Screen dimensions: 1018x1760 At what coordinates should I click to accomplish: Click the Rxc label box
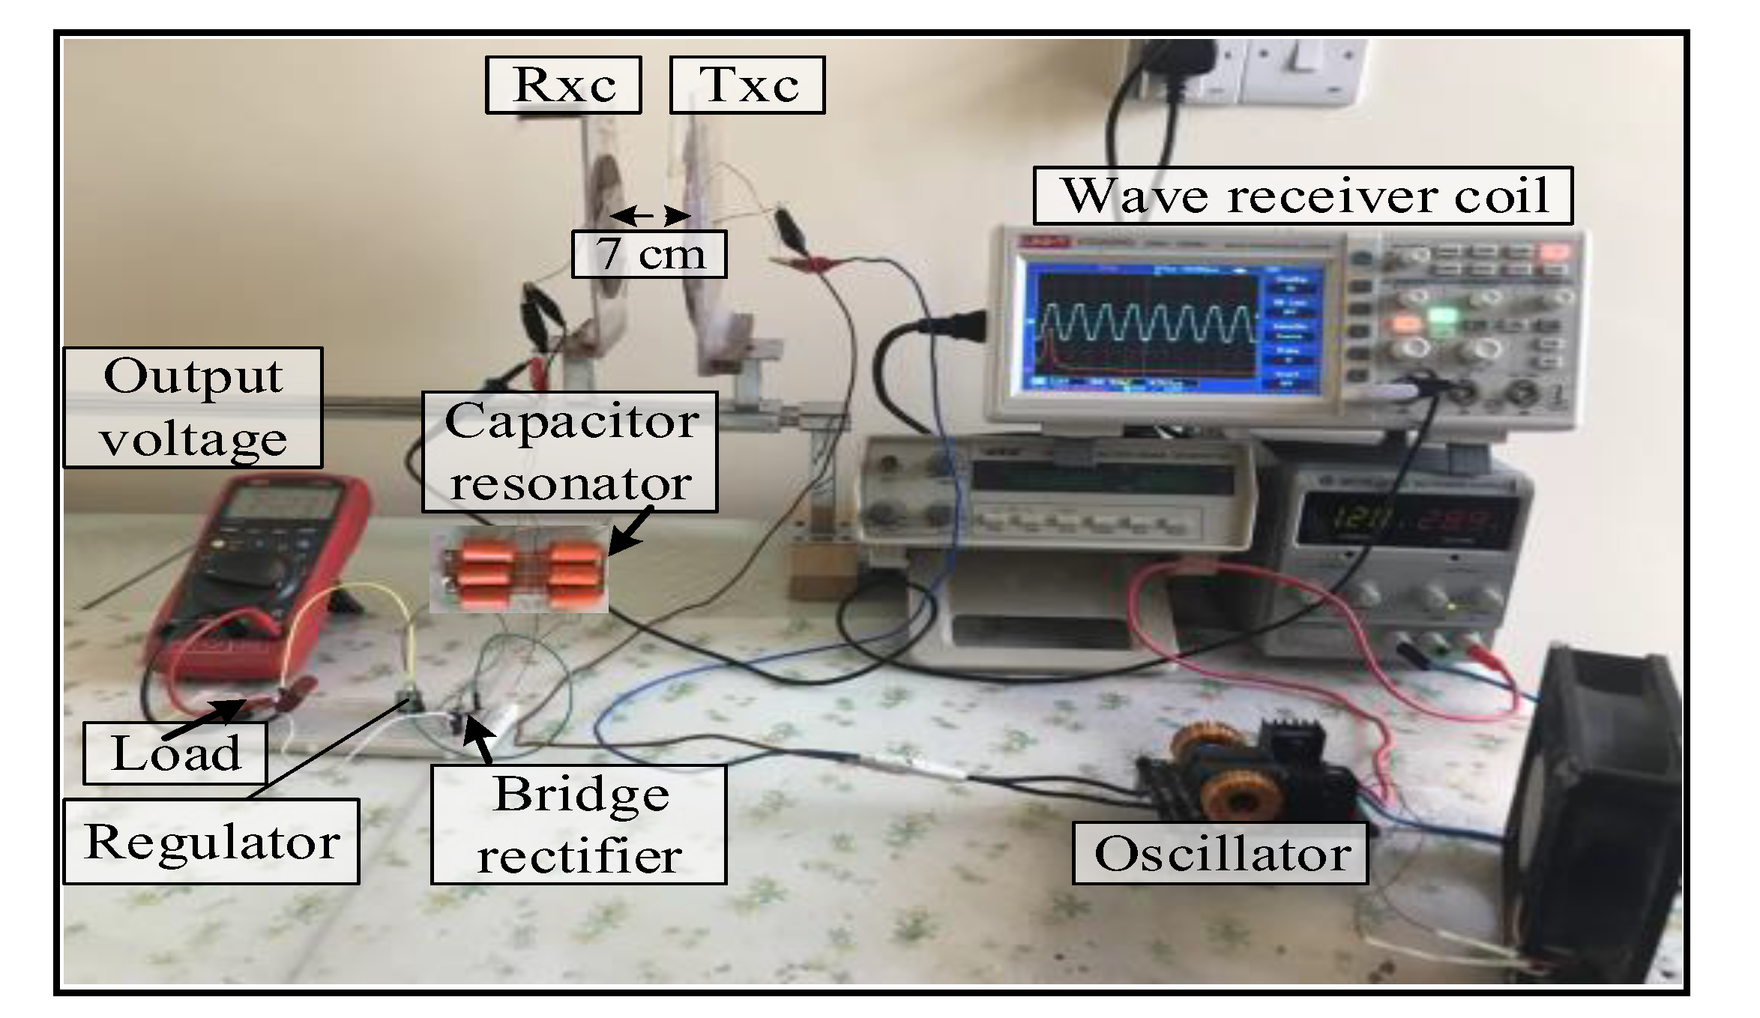click(563, 85)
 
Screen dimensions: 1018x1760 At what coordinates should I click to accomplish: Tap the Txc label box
click(747, 85)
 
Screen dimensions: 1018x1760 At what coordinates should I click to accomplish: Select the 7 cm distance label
click(649, 254)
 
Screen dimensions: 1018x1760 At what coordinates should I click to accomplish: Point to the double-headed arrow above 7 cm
click(649, 217)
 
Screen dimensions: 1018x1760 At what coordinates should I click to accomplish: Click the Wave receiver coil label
click(1303, 196)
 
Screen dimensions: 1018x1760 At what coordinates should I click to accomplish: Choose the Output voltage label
click(193, 407)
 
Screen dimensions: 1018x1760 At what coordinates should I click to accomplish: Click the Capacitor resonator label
click(570, 452)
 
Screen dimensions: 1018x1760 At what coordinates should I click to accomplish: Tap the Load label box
click(175, 753)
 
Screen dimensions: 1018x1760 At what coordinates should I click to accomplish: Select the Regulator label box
click(211, 841)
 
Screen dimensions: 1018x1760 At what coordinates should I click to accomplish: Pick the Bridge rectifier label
click(579, 824)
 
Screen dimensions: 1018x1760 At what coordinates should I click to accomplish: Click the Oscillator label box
click(1220, 853)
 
